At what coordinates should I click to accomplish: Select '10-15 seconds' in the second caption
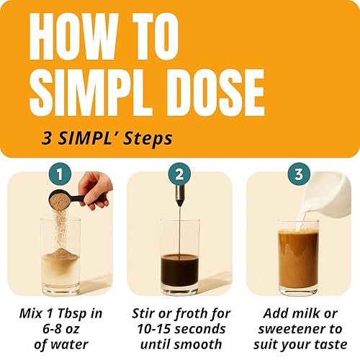tap(180, 328)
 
